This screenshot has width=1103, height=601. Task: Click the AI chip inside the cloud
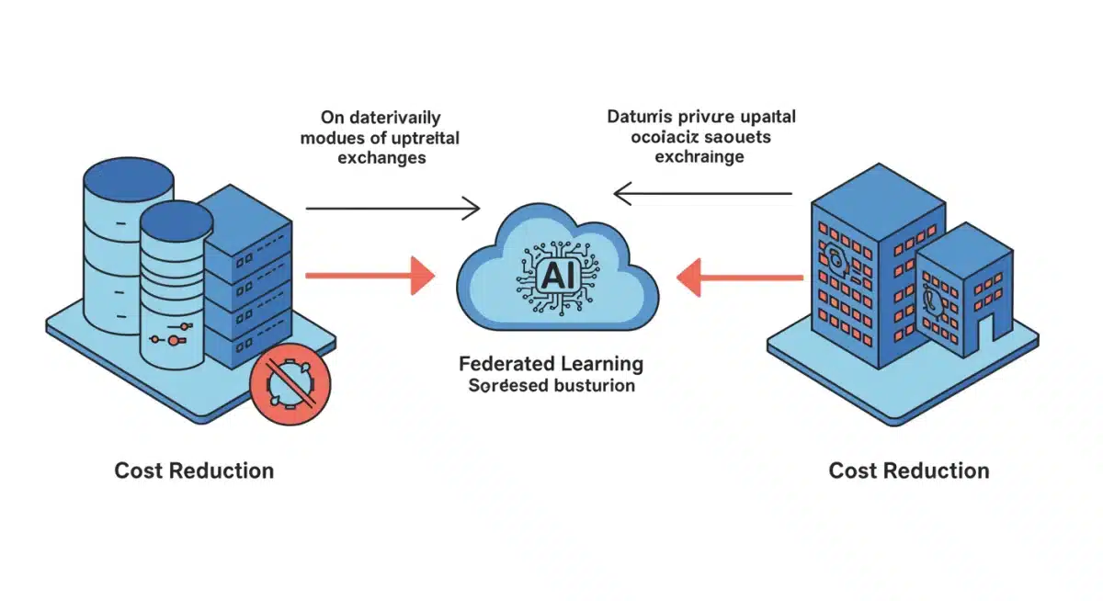tap(557, 273)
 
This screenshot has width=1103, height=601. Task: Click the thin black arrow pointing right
tap(392, 209)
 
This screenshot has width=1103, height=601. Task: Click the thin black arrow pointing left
tap(702, 193)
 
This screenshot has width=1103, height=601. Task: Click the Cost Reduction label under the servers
tap(194, 471)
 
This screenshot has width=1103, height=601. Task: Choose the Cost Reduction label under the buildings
tap(909, 471)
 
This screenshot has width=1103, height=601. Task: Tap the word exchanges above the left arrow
tap(381, 158)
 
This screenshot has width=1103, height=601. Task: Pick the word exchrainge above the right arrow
tap(699, 157)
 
